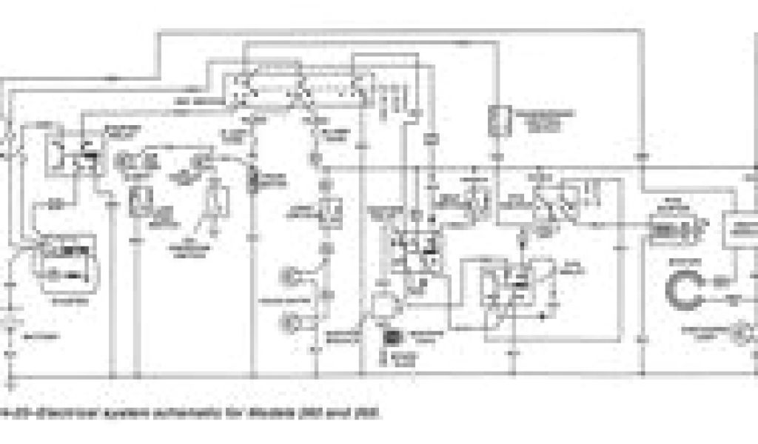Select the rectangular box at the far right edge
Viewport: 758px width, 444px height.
click(740, 229)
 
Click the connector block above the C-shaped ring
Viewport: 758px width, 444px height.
click(669, 226)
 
